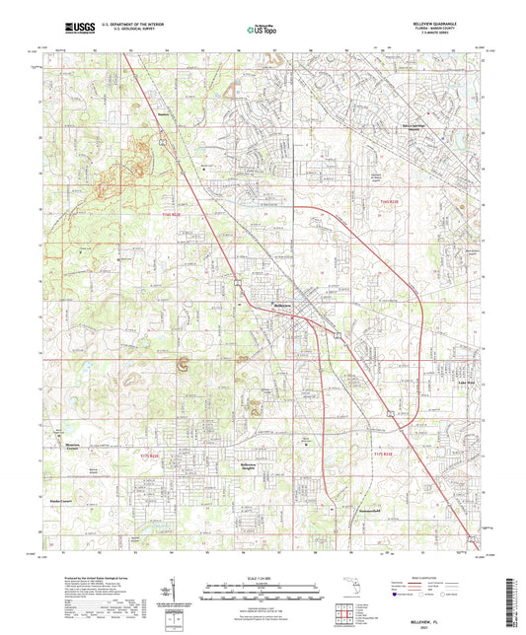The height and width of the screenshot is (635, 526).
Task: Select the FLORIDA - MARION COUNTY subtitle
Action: [x=458, y=33]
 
